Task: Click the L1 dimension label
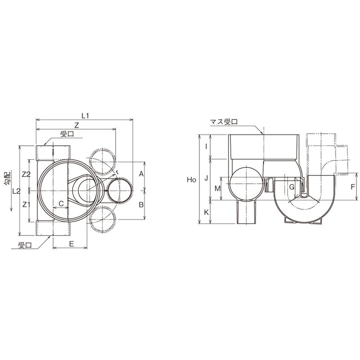tap(85, 116)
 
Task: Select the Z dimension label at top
tap(76, 125)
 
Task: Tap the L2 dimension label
tap(17, 190)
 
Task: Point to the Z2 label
tap(27, 174)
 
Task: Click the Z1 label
tap(26, 204)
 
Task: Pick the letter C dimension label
tap(61, 203)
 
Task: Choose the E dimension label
tap(72, 243)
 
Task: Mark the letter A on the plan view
tap(141, 174)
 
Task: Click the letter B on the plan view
tap(141, 204)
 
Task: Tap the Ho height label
tap(192, 180)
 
